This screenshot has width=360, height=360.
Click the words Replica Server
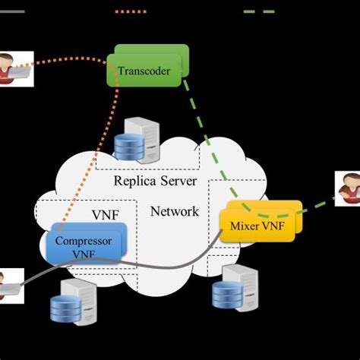(x=155, y=181)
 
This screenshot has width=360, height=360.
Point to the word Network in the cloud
(x=175, y=211)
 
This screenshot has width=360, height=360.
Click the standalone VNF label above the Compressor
(x=105, y=215)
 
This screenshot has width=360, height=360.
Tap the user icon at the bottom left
(x=9, y=285)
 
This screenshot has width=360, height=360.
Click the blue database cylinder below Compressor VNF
(x=65, y=308)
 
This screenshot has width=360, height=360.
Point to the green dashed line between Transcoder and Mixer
(x=210, y=144)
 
